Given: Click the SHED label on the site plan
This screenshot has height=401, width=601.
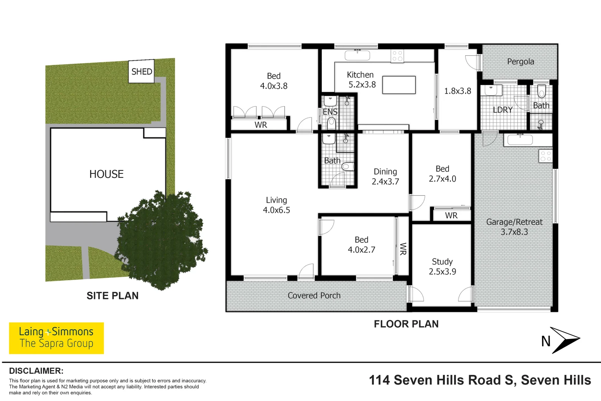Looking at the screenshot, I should (142, 71).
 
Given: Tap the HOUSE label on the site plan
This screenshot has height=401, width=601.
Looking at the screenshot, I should (106, 174).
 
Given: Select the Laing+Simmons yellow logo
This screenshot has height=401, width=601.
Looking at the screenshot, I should (56, 338).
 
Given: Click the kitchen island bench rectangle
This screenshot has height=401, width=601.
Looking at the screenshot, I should (399, 85).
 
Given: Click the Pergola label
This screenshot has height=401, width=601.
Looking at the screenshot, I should (520, 62).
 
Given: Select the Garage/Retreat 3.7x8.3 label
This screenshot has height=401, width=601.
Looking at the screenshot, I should (514, 227).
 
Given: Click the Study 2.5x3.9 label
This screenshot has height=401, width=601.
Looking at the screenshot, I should (442, 267).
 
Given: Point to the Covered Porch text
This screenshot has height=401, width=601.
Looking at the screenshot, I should (314, 296).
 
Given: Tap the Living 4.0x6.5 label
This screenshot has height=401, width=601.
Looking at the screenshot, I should (276, 205).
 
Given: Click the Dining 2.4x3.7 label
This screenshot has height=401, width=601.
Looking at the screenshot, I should (385, 176).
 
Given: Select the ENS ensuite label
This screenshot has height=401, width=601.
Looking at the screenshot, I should (330, 112).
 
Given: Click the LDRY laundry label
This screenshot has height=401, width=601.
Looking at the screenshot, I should (503, 110).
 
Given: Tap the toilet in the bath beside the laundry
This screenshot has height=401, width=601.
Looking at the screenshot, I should (542, 91).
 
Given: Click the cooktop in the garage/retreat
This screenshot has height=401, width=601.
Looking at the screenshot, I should (546, 156).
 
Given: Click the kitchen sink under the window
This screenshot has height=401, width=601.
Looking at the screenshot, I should (357, 55).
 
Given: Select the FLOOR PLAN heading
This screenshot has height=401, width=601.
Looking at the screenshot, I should (406, 324).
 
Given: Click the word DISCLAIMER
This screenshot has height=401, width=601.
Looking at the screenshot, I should (36, 371).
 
